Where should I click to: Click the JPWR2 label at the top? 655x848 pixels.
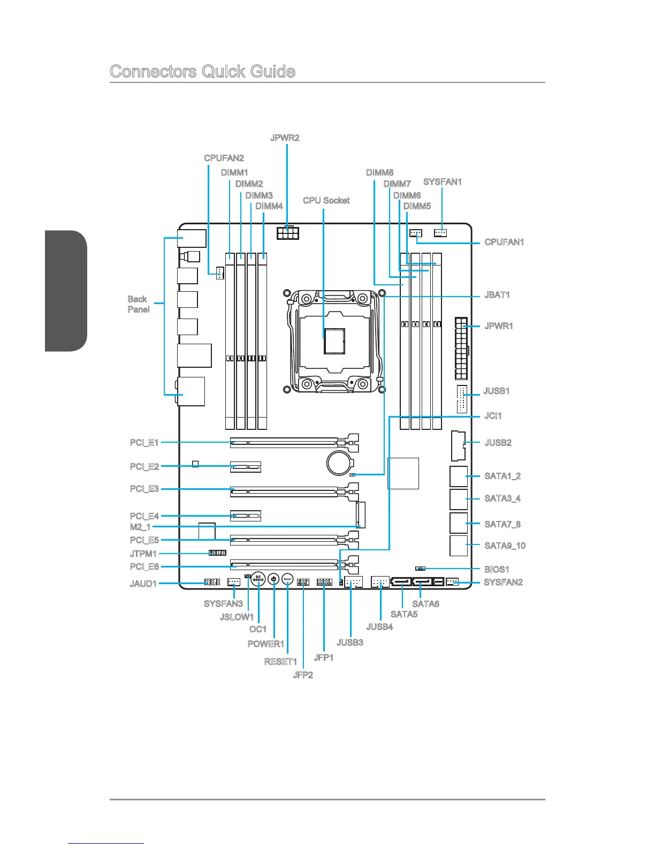[x=285, y=138]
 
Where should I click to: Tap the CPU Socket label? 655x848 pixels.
[x=326, y=200]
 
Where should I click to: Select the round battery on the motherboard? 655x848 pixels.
[x=340, y=462]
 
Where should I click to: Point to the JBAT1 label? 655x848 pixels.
[x=497, y=295]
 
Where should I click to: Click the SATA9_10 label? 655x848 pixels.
[x=505, y=546]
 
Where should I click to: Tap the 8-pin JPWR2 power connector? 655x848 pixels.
[x=288, y=233]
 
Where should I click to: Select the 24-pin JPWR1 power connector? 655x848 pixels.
[x=461, y=347]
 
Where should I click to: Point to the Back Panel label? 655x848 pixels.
[x=138, y=304]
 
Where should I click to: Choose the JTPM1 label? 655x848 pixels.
[x=143, y=554]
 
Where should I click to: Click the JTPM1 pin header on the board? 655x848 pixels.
[x=217, y=552]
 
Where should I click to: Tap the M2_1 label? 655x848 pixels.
[x=140, y=527]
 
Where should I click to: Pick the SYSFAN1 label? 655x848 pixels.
[x=442, y=182]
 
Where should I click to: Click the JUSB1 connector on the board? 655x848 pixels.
[x=462, y=399]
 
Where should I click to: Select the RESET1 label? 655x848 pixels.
[x=280, y=662]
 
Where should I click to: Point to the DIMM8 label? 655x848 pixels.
[x=379, y=172]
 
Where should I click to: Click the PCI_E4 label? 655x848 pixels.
[x=144, y=516]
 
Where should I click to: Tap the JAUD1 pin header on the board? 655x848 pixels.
[x=212, y=582]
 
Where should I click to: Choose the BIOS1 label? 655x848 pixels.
[x=497, y=569]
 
